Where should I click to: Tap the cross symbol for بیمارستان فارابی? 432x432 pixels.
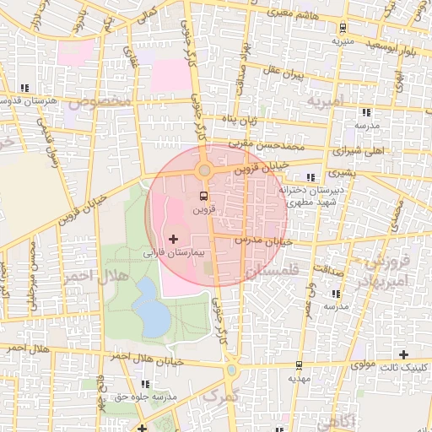point(174,240)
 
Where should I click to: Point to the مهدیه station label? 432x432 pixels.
point(300,378)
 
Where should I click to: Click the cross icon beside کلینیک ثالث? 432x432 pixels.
point(404,354)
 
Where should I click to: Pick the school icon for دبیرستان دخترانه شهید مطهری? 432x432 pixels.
point(311,177)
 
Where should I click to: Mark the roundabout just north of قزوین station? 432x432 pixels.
point(204,171)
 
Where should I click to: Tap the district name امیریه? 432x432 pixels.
point(326,103)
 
